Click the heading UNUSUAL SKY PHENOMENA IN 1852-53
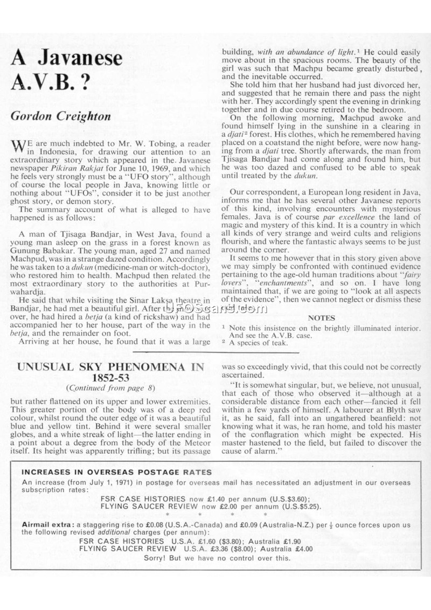point(112,372)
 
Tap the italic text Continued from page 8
point(112,387)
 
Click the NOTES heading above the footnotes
point(321,318)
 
